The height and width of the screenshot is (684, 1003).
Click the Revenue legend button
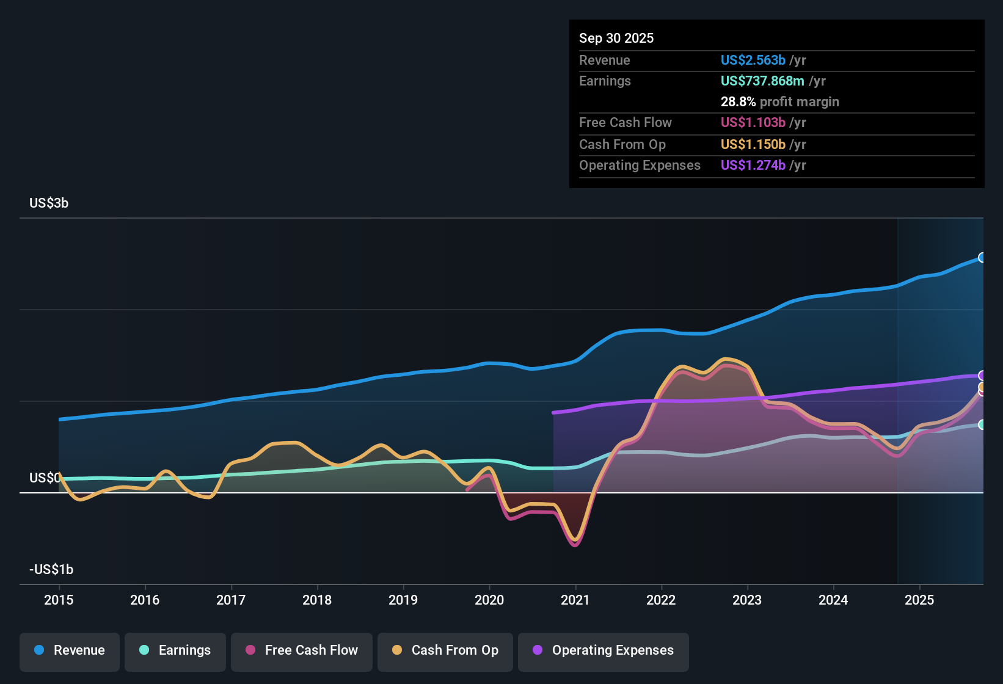(x=70, y=650)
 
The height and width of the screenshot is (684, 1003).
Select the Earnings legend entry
(x=175, y=650)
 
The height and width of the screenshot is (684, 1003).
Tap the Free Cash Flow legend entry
(x=302, y=650)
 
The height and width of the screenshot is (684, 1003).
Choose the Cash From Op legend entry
(x=445, y=650)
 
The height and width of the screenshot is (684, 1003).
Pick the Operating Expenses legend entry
(x=604, y=650)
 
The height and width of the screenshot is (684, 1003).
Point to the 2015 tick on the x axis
(x=59, y=600)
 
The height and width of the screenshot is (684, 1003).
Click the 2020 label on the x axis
(x=489, y=600)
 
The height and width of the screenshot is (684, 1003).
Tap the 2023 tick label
(x=747, y=600)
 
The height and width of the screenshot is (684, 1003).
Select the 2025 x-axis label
(x=919, y=600)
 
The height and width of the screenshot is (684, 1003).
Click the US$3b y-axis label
(x=49, y=203)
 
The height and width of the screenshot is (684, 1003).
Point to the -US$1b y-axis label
(x=51, y=570)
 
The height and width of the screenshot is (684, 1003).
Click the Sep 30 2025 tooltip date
(x=616, y=38)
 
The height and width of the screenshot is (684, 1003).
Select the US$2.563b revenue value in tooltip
(x=753, y=60)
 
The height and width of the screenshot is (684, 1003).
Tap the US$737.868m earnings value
(x=762, y=81)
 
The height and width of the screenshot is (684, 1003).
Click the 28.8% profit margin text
(x=779, y=102)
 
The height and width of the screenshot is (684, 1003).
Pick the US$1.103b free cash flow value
(x=753, y=123)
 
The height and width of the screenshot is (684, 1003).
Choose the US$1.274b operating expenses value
(x=753, y=166)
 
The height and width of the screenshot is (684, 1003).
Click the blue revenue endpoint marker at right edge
(x=982, y=258)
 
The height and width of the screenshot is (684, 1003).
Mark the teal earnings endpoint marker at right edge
(x=982, y=424)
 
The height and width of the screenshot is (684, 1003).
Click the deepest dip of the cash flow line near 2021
(x=575, y=543)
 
